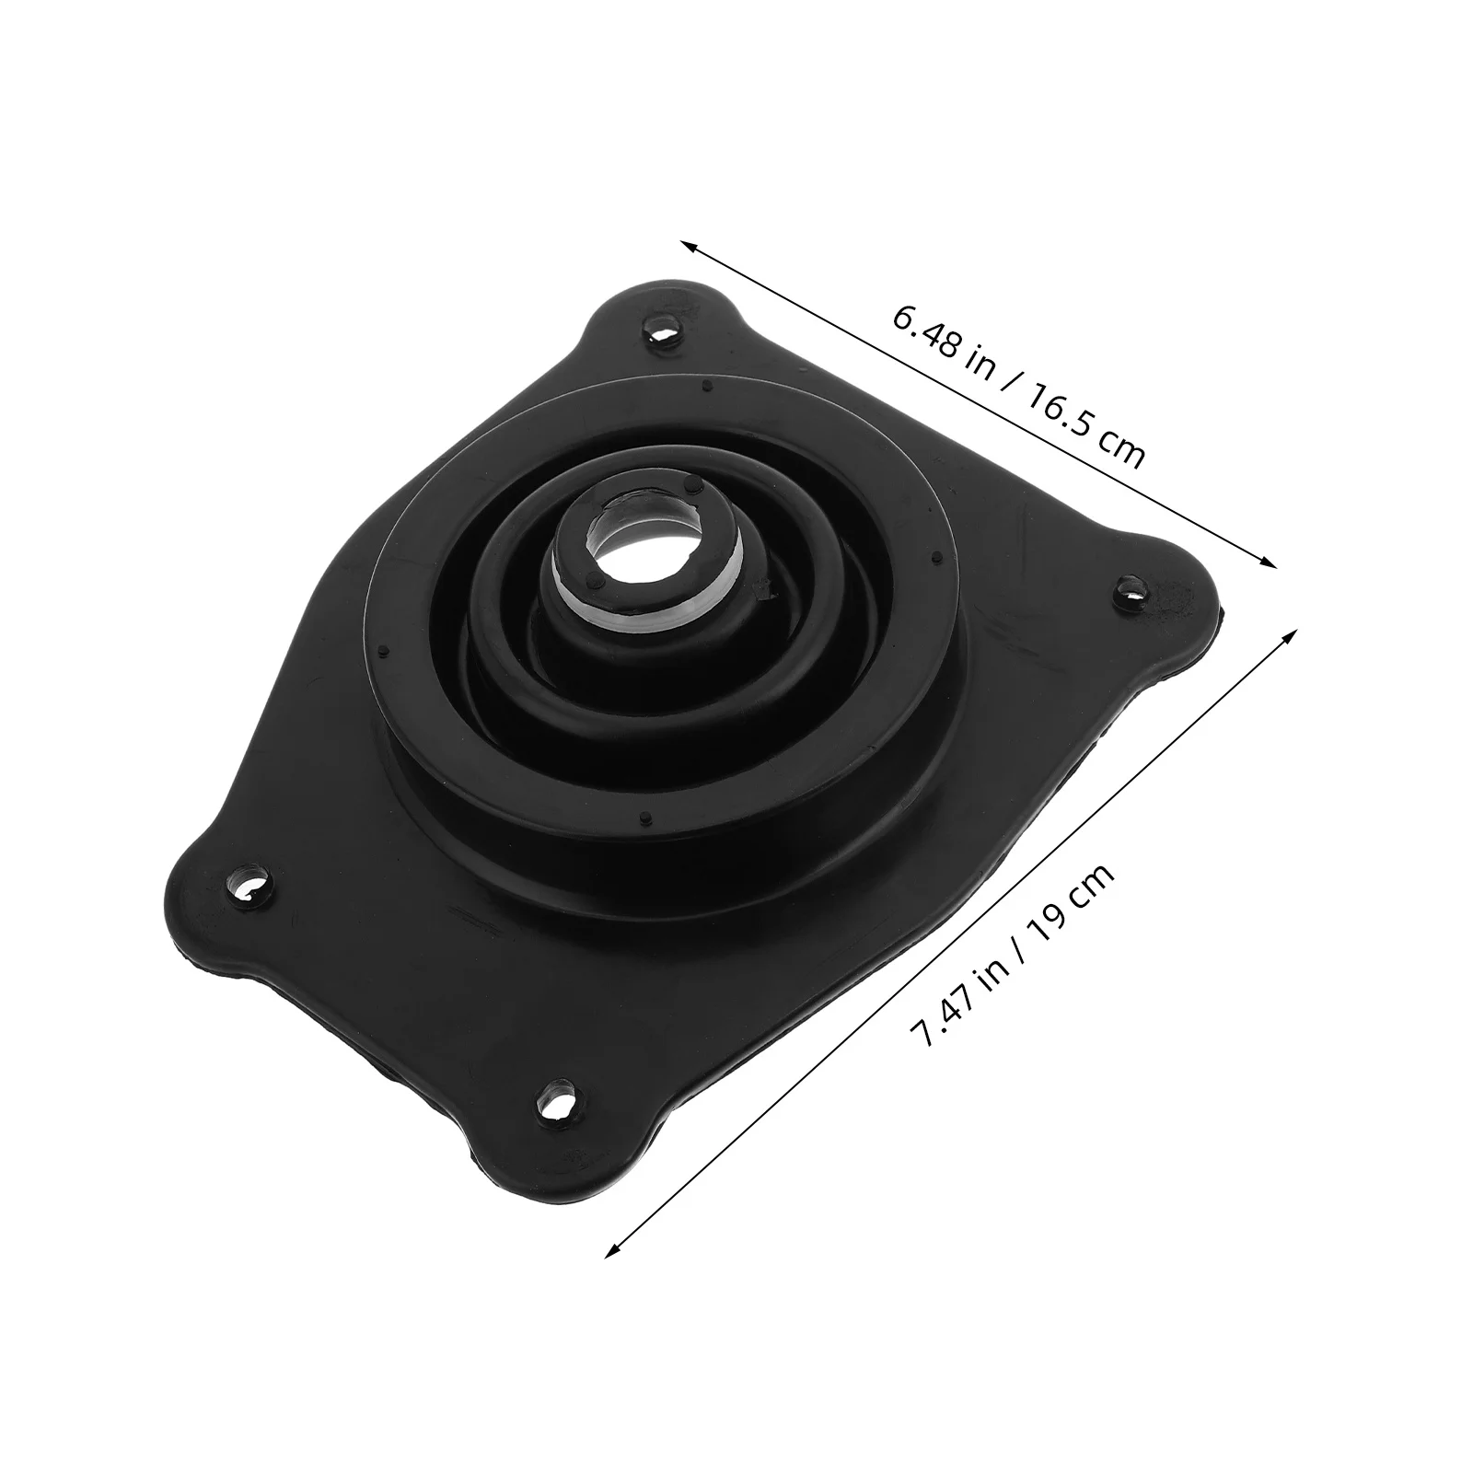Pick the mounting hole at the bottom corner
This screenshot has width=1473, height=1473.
click(x=557, y=1097)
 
